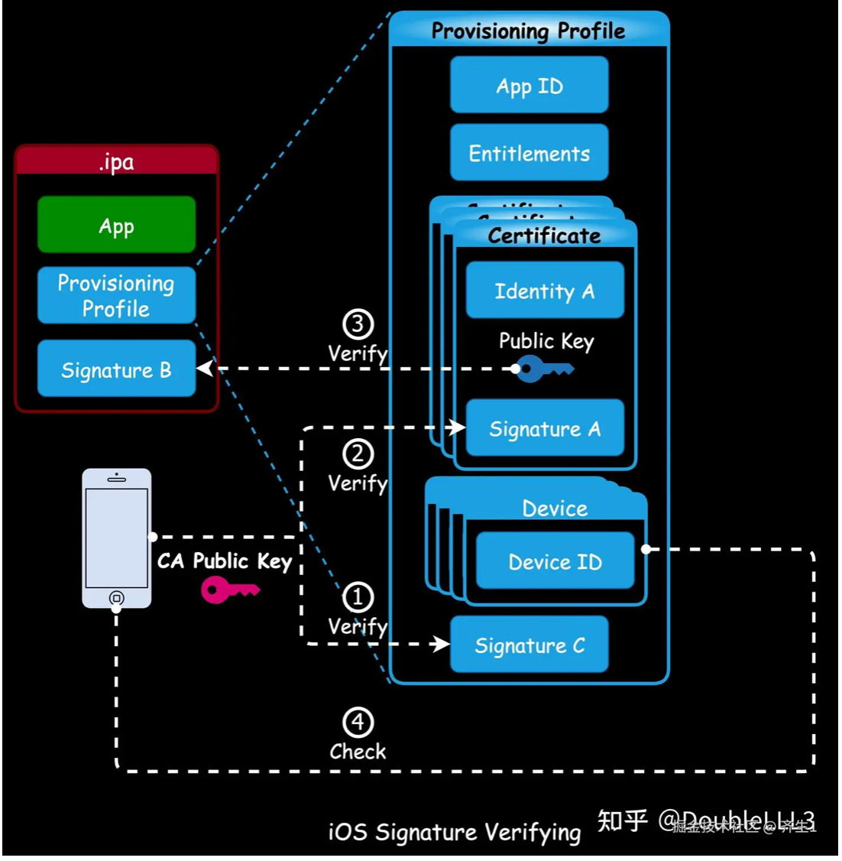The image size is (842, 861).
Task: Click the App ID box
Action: tap(529, 86)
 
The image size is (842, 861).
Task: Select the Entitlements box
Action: tap(529, 153)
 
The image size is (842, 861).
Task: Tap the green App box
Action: tap(116, 225)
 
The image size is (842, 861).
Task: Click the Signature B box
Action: tap(116, 369)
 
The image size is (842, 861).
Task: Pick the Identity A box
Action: tap(545, 291)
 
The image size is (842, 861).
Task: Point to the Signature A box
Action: tap(545, 428)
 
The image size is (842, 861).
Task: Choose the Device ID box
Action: tap(555, 561)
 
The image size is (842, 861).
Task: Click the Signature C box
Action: tap(529, 645)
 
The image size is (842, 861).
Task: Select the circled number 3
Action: tap(358, 324)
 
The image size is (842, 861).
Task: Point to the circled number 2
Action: tap(358, 454)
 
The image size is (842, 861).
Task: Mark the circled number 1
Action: tap(358, 597)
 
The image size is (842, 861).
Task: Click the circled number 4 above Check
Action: tap(358, 722)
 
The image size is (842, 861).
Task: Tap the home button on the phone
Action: tap(116, 597)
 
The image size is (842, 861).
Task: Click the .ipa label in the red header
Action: tap(116, 161)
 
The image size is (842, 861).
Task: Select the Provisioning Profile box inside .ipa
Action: tap(116, 296)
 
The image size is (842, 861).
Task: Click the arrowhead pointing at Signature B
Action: tap(205, 369)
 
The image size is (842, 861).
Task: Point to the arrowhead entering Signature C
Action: tap(441, 644)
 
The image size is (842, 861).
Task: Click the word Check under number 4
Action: tap(358, 752)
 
